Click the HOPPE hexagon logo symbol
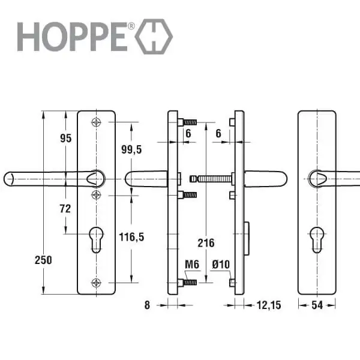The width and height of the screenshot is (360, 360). [154, 37]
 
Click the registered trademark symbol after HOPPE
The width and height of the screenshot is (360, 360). [131, 26]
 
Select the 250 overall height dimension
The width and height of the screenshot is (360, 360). [43, 260]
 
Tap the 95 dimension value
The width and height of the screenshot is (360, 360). [66, 138]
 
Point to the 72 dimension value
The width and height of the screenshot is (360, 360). [65, 209]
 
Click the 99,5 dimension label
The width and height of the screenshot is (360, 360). [131, 149]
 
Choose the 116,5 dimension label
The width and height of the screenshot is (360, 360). [131, 237]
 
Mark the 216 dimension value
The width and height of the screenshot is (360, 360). [206, 243]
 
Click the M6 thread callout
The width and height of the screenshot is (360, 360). [192, 264]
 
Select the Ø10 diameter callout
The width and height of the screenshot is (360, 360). [221, 264]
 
